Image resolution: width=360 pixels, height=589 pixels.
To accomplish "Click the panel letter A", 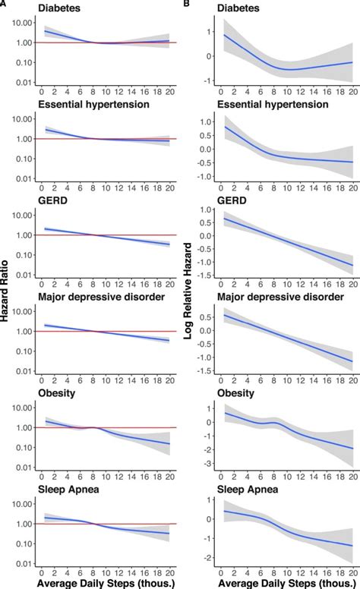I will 4,5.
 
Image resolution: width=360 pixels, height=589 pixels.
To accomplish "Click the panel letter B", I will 187,5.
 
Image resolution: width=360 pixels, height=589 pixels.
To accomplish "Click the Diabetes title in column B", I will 238,7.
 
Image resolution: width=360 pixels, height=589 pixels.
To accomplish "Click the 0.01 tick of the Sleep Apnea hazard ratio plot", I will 23,563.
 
